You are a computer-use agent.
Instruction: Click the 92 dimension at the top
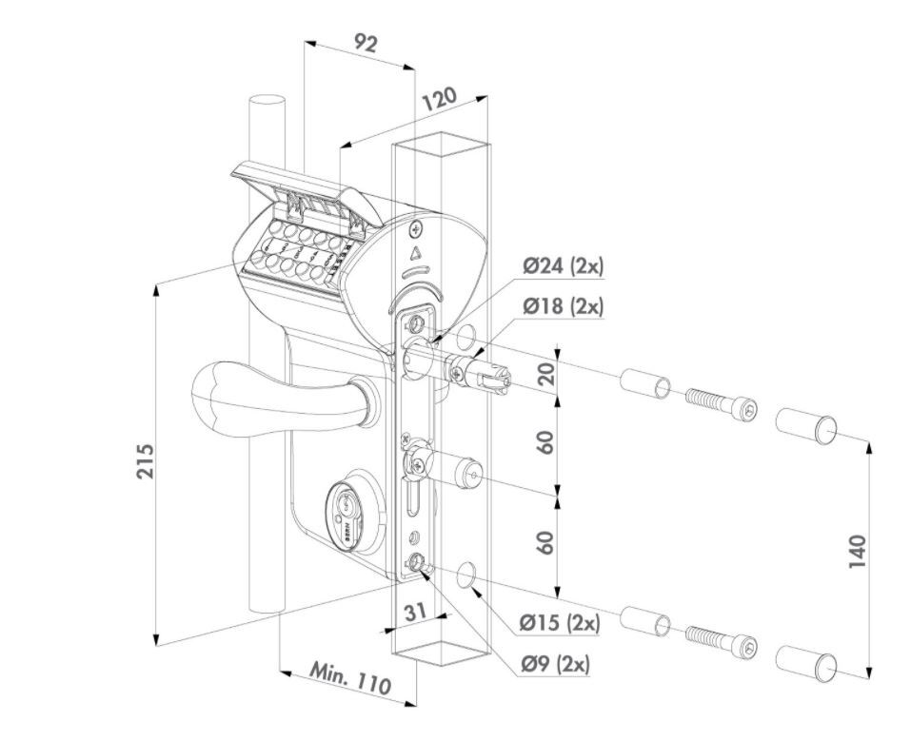(x=366, y=44)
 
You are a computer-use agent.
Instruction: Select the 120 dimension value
(x=440, y=99)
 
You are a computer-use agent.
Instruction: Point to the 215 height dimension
(x=144, y=460)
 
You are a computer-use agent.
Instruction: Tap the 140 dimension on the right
(x=857, y=552)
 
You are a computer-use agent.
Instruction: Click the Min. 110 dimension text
(x=350, y=676)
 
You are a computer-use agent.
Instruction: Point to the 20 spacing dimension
(x=545, y=372)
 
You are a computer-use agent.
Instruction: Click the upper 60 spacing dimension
(x=545, y=441)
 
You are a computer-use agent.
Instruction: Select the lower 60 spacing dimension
(x=545, y=543)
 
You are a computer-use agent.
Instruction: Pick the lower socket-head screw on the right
(x=721, y=638)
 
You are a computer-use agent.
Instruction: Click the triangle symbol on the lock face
(x=416, y=254)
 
